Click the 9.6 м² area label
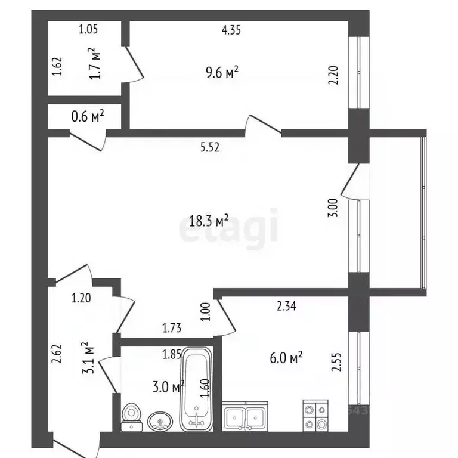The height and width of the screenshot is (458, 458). tap(222, 72)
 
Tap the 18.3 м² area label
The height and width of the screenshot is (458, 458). tap(209, 221)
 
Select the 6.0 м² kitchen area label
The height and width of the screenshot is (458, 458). tap(286, 358)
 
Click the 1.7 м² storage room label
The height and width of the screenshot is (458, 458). tap(95, 63)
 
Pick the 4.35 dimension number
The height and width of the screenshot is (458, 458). tap(231, 30)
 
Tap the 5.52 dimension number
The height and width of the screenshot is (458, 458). tap(210, 147)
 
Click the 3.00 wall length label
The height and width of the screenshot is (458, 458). tap(333, 208)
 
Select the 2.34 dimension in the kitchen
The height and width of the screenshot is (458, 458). tap(286, 306)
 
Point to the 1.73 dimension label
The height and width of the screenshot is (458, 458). tap(172, 328)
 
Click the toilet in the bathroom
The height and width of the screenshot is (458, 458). tap(132, 417)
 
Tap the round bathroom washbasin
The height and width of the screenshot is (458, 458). tap(160, 421)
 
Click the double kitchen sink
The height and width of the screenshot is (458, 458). tap(245, 416)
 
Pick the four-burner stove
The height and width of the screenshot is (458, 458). tap(315, 415)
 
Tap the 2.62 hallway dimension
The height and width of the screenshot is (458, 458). tap(57, 354)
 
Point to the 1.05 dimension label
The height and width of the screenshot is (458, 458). tap(88, 29)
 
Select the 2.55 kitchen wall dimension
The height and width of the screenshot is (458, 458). tap(336, 362)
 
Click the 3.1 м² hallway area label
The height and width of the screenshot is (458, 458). tap(88, 358)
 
